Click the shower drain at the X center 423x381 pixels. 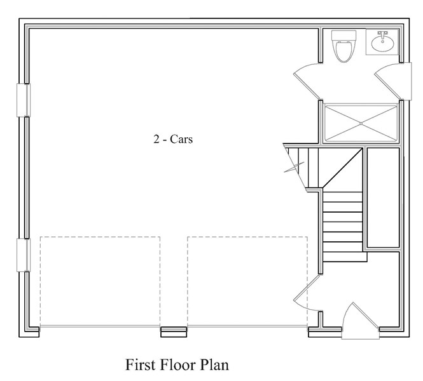coord(361,123)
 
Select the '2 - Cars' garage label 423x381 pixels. coord(173,139)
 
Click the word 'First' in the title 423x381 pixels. coord(141,365)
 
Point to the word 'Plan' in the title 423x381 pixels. coord(214,365)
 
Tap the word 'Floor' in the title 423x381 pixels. coord(177,365)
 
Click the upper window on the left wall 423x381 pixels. coord(24,100)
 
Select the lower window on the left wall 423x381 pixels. coord(24,255)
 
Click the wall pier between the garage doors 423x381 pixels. coord(174,332)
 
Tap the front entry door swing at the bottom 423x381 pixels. coord(360,321)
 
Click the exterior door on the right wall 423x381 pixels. coord(393,81)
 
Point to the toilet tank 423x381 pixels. coord(343,35)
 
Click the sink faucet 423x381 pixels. coord(382,34)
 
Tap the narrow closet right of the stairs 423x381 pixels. coord(383,197)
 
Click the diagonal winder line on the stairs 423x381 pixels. coord(342,168)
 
